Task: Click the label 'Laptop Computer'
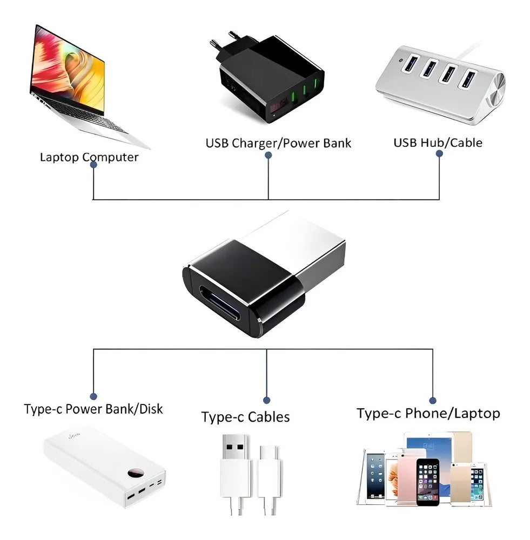coord(89,158)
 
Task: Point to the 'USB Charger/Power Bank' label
coord(278,143)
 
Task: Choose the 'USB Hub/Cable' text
coord(438,143)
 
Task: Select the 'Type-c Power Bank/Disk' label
coord(93,409)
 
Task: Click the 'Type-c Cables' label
coord(245,417)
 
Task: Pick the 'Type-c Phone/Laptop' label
coord(428,414)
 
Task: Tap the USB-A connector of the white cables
coord(236,459)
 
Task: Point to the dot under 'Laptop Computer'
coord(94,166)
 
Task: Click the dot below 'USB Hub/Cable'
coord(439,154)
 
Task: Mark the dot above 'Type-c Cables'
coord(267,400)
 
